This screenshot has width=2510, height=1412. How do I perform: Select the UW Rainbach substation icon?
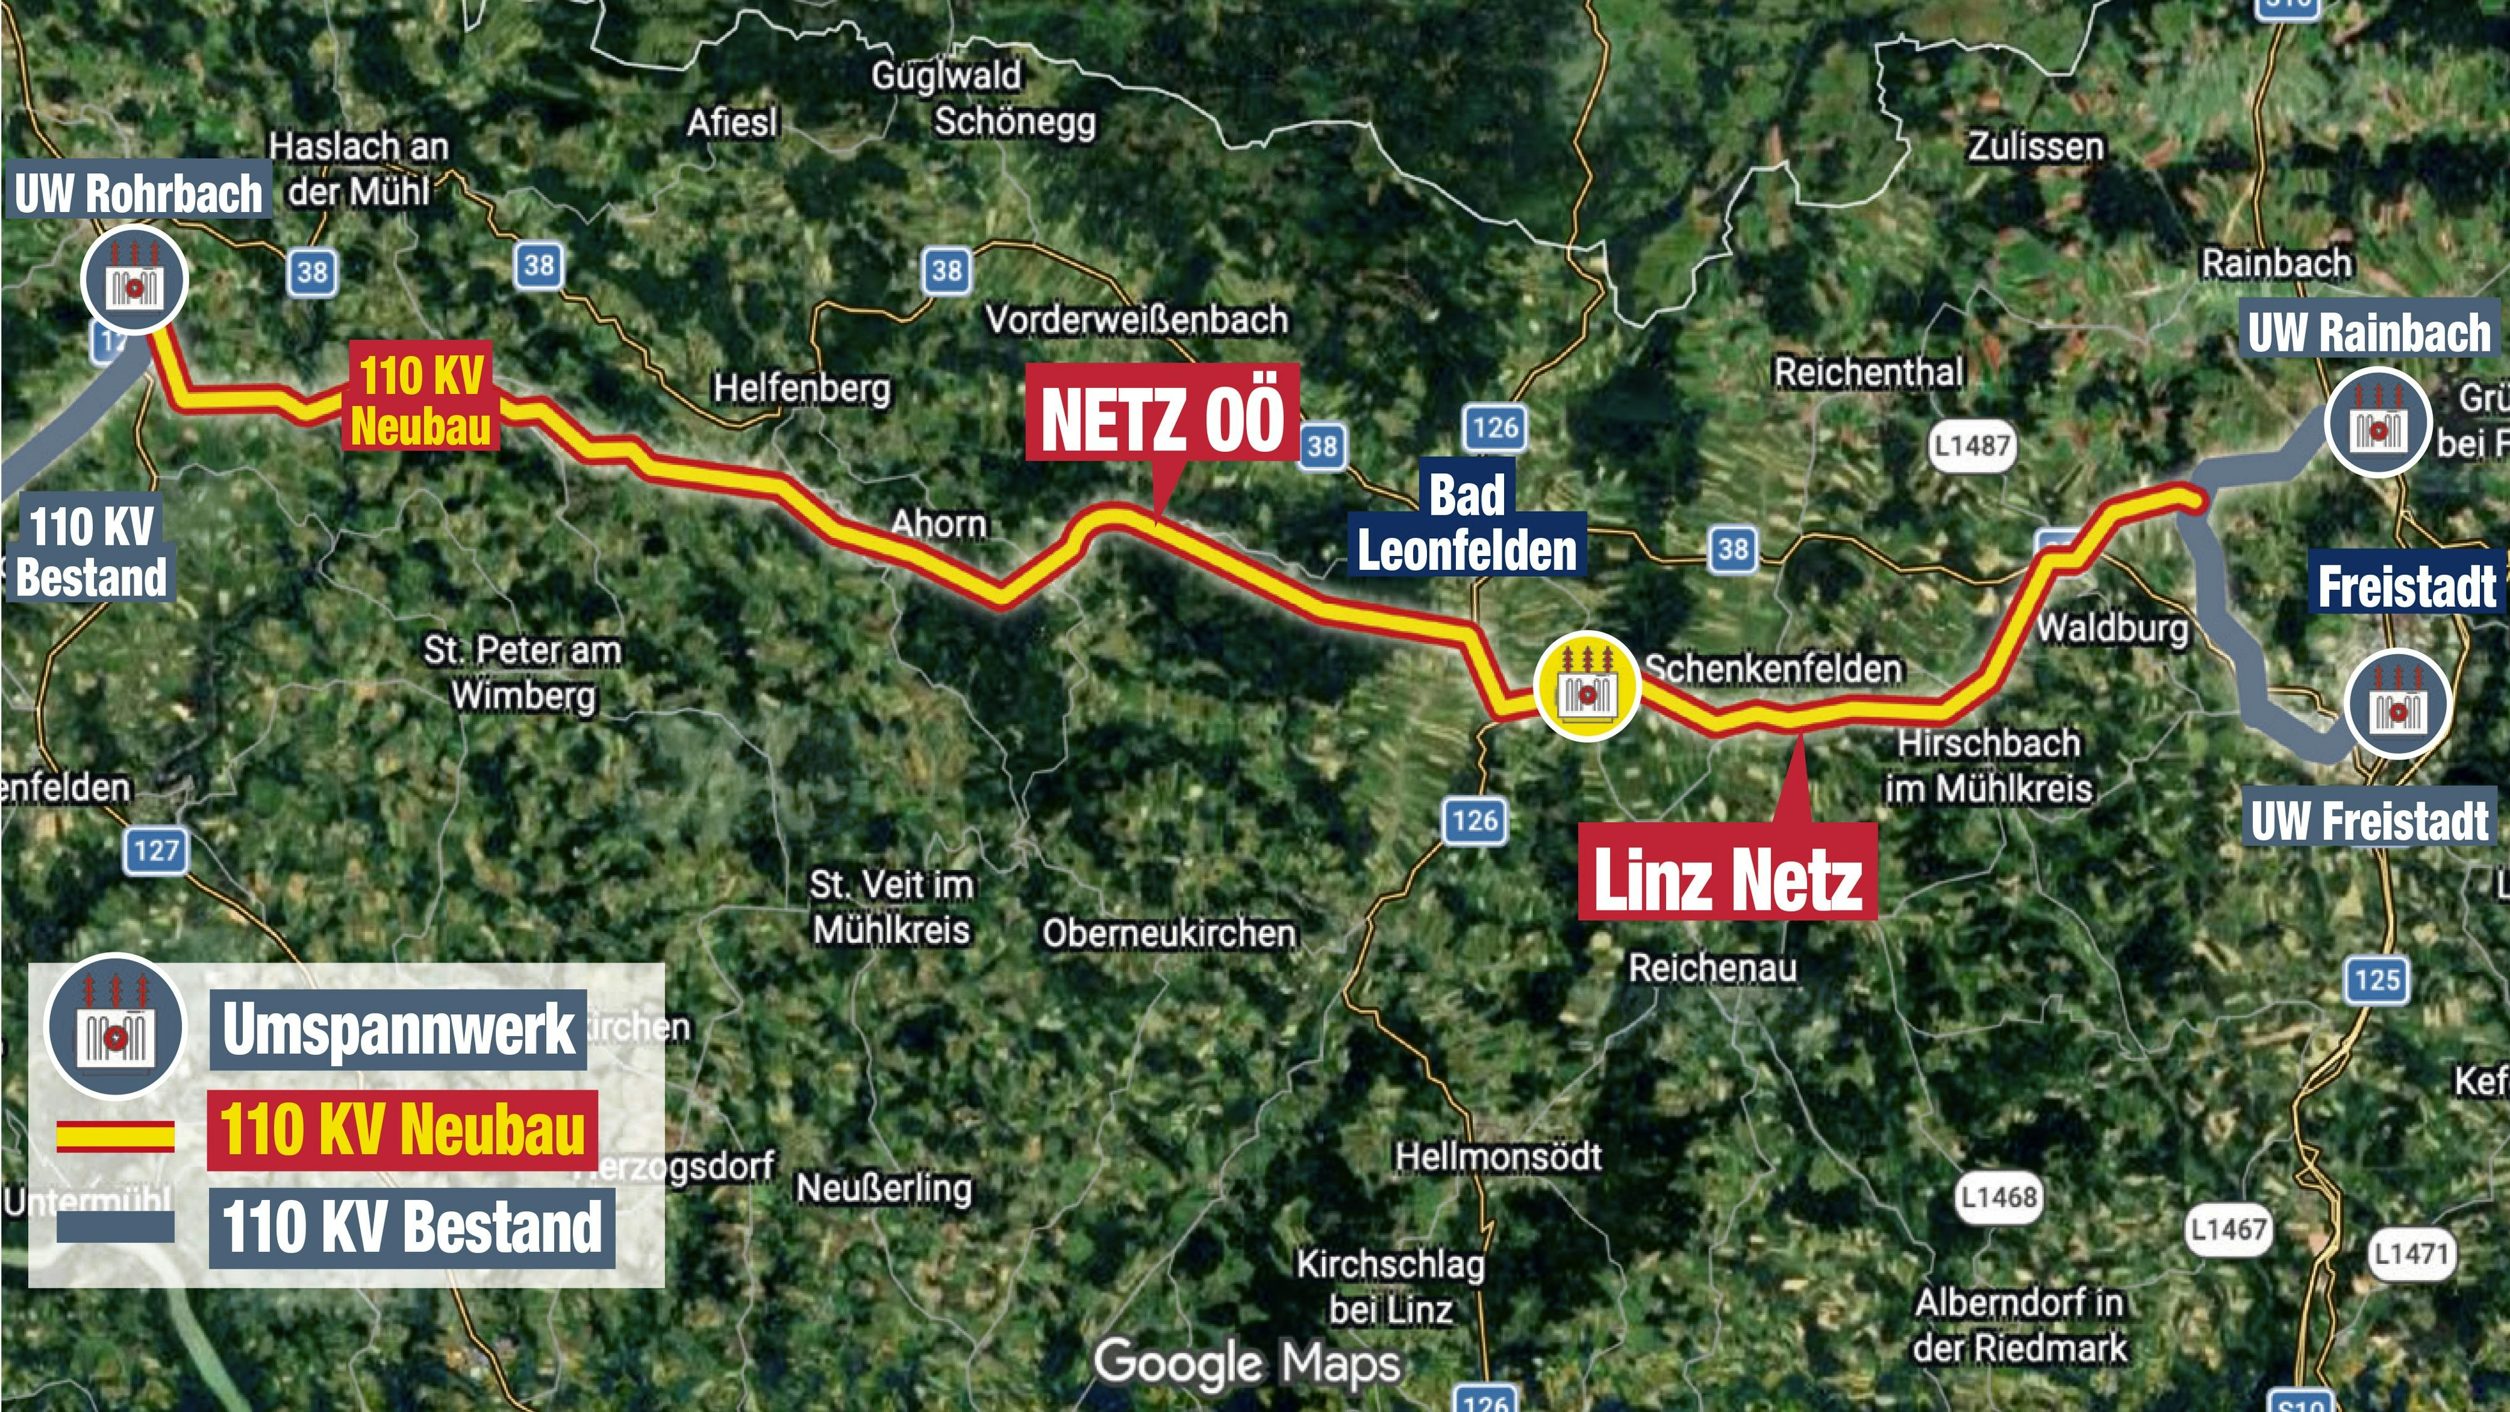click(2378, 421)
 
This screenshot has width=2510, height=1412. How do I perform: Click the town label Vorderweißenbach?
click(1137, 319)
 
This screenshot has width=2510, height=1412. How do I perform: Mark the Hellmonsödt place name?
click(1498, 1157)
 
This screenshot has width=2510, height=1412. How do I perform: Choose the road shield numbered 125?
click(2378, 980)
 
